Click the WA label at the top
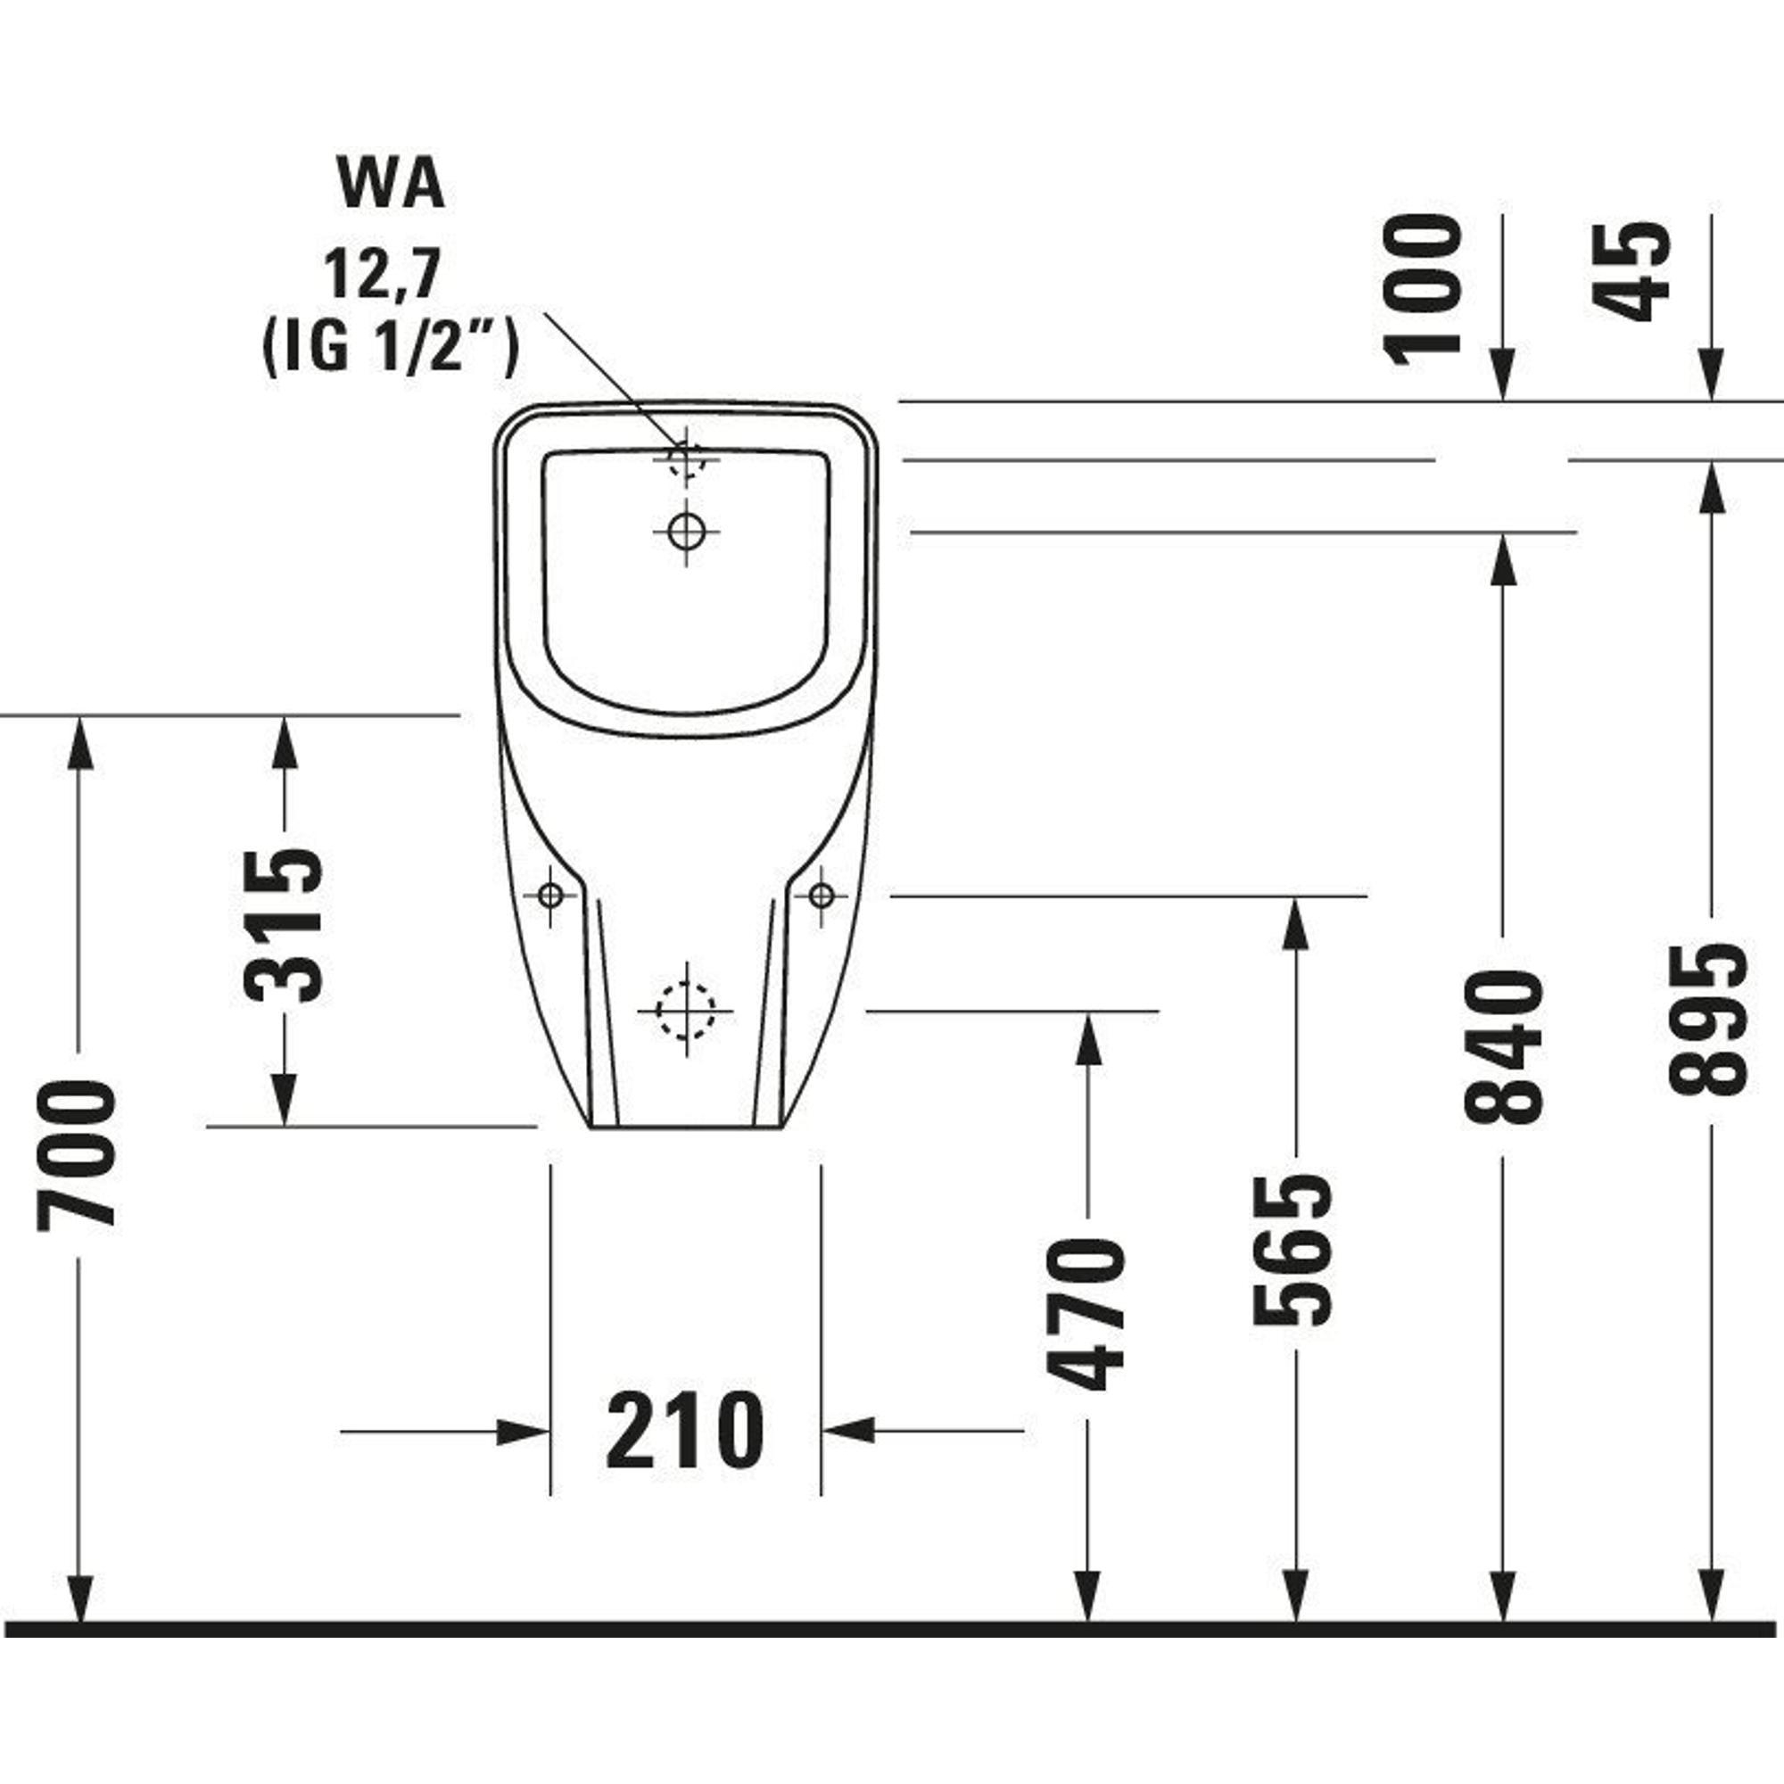click(392, 186)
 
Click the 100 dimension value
click(1423, 290)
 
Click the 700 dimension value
click(78, 1157)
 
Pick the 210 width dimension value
click(685, 1432)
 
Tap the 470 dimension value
click(1086, 1316)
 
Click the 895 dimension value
click(1711, 1020)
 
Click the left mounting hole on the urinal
click(550, 895)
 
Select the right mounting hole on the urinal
click(821, 895)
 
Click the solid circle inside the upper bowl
click(686, 530)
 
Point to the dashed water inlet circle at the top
click(686, 458)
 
